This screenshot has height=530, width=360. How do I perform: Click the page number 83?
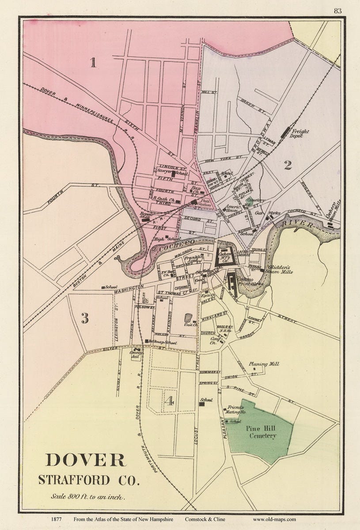(337, 11)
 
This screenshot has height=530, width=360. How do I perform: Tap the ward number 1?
(93, 63)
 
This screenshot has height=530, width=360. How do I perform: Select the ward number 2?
(288, 165)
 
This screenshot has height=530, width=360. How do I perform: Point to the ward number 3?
(85, 318)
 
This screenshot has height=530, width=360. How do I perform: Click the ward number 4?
(168, 401)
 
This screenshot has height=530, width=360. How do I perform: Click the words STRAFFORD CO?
(88, 480)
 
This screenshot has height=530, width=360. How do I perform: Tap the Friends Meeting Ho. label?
(236, 409)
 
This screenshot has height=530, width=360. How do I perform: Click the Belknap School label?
(161, 343)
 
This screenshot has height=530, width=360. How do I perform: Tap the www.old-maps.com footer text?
(274, 519)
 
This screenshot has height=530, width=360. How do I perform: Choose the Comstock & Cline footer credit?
(207, 519)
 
